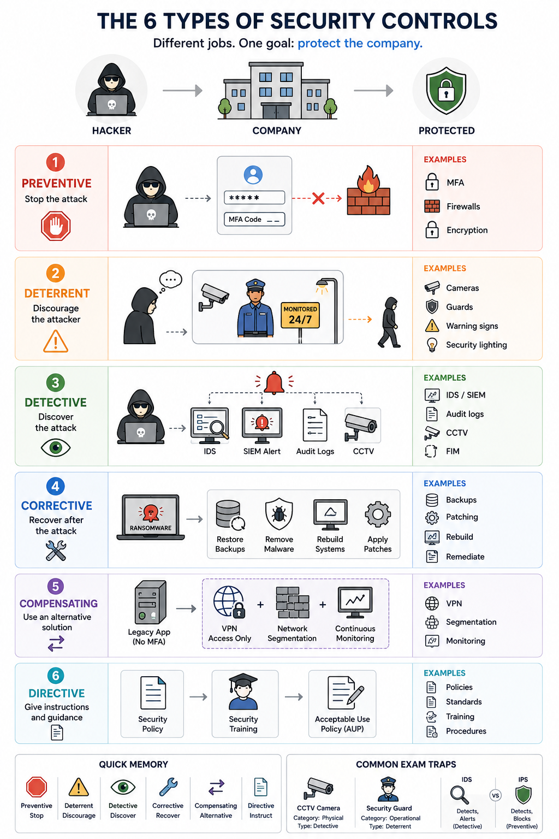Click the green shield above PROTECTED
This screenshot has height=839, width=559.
(446, 90)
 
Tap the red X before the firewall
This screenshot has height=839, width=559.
(318, 198)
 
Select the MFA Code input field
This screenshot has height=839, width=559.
(254, 219)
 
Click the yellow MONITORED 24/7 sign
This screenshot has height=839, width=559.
(300, 315)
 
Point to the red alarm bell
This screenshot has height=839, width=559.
(274, 383)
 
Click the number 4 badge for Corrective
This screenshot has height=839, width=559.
(56, 486)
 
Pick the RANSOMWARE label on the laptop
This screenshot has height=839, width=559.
(151, 528)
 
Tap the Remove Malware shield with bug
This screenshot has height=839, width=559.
(279, 514)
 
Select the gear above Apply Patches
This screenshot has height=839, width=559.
(377, 514)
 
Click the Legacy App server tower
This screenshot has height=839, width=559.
(150, 602)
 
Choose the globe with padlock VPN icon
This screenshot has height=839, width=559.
(229, 601)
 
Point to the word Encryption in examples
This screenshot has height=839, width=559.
(467, 230)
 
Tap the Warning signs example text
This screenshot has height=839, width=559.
(472, 326)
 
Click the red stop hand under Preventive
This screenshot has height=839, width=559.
(56, 226)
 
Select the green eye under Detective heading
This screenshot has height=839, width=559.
(56, 447)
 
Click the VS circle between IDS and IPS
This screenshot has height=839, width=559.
(495, 795)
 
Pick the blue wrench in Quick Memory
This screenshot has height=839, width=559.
(168, 787)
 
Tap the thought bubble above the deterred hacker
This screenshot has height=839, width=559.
(170, 280)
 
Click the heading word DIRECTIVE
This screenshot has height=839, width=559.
(57, 693)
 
